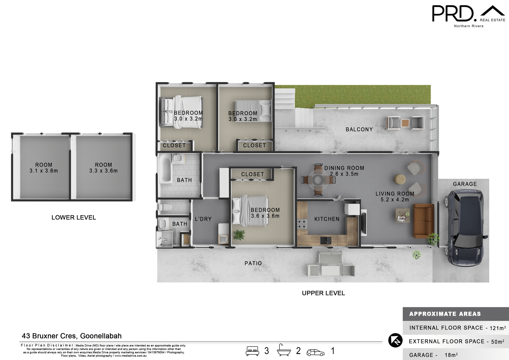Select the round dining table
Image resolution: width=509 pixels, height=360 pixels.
tap(318, 180)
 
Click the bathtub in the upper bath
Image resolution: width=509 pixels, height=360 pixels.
tap(165, 168)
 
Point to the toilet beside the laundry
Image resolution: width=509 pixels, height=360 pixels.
tap(166, 207)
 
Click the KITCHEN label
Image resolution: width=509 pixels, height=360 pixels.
tap(327, 219)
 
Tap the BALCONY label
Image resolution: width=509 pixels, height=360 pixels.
tap(359, 129)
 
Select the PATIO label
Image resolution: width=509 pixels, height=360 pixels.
tap(253, 263)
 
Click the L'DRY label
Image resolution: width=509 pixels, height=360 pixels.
tap(203, 219)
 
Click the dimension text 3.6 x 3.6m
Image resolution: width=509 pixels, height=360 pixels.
tap(265, 216)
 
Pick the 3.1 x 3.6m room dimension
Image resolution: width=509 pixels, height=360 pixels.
tap(44, 171)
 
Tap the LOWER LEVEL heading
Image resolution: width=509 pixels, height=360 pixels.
tap(74, 218)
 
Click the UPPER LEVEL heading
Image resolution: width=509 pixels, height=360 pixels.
tap(323, 293)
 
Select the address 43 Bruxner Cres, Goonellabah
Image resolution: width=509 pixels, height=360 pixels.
tap(72, 336)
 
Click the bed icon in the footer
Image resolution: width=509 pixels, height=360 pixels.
tap(252, 351)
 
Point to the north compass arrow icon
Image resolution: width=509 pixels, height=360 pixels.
tap(395, 340)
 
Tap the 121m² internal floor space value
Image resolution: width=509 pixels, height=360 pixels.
tap(497, 328)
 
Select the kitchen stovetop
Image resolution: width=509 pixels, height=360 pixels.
tap(302, 224)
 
